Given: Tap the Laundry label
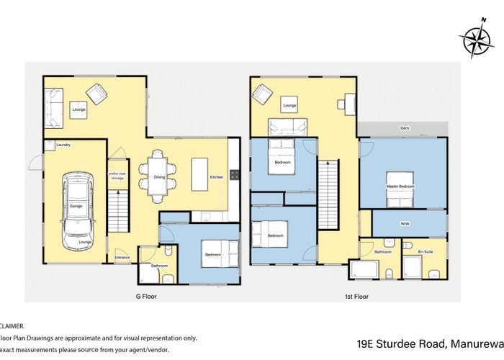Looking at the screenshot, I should coord(63,145).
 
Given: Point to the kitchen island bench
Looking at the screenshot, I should coord(199,175).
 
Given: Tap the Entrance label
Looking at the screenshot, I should coord(122,257).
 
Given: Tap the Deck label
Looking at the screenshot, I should coord(405,129).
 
